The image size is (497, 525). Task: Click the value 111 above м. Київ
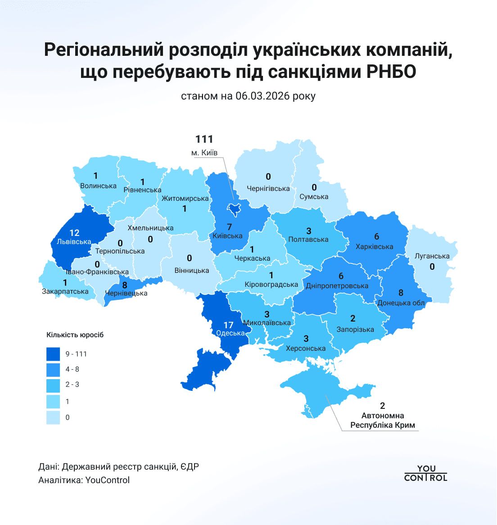click(204, 140)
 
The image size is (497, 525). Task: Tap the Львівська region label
click(74, 241)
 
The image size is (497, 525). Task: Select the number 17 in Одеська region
click(228, 325)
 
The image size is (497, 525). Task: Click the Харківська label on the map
click(374, 246)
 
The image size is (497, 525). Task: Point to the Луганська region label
click(432, 256)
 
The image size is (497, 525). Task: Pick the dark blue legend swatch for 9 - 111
click(53, 354)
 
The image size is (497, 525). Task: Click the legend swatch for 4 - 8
click(53, 370)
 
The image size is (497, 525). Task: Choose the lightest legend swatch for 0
click(53, 417)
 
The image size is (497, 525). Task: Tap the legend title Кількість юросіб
click(75, 335)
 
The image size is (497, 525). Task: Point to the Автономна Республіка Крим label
click(383, 421)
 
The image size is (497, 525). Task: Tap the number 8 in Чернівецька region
click(125, 285)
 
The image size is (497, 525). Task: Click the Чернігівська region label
click(268, 188)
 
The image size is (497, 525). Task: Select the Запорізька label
click(355, 329)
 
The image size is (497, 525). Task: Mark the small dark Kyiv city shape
click(234, 208)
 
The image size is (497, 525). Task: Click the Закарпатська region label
click(65, 291)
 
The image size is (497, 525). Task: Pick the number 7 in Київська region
click(229, 227)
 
